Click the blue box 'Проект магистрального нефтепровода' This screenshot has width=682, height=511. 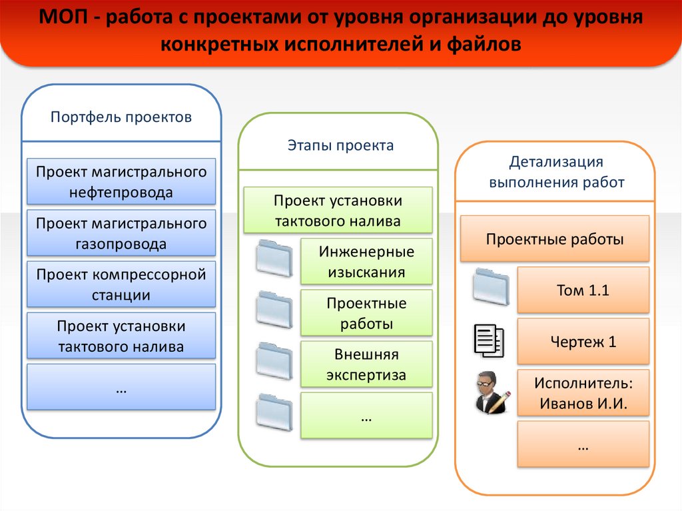click(x=121, y=182)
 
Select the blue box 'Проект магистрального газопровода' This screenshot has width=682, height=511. click(x=121, y=233)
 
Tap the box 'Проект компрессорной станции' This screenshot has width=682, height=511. click(x=121, y=284)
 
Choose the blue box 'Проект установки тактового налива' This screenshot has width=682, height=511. click(x=121, y=336)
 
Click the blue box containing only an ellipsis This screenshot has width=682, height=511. click(x=121, y=387)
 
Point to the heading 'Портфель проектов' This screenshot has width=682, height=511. click(x=121, y=117)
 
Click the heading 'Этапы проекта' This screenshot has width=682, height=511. click(x=340, y=145)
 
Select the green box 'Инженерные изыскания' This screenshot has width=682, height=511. click(x=366, y=261)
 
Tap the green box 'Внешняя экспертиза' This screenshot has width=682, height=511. click(x=366, y=364)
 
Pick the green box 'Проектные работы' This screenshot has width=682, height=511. click(x=366, y=313)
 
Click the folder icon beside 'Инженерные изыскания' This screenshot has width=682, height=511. click(x=274, y=258)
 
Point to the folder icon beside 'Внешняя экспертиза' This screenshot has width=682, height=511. click(x=274, y=361)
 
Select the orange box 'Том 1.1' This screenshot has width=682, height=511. click(x=583, y=290)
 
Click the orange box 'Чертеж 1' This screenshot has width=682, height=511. click(x=583, y=342)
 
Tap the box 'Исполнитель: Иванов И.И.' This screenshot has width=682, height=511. click(x=583, y=393)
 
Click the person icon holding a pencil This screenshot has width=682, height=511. click(x=491, y=393)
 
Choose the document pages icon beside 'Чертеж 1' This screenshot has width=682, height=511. click(x=490, y=340)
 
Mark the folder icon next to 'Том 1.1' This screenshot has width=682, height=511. click(x=491, y=287)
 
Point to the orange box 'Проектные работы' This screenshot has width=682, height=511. click(x=555, y=239)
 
